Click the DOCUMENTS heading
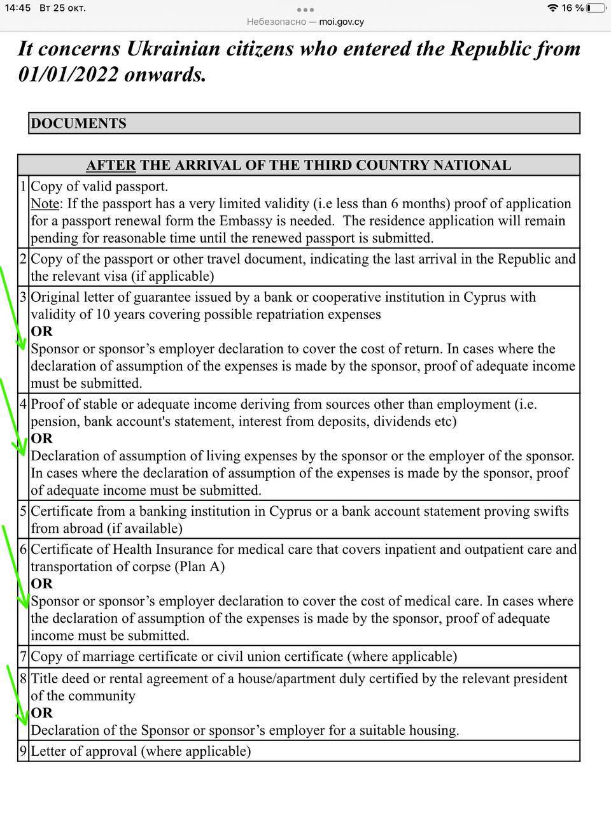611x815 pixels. coord(78,124)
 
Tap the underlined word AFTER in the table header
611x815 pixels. coord(111,166)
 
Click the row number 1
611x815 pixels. coord(24,187)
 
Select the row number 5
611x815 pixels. coord(24,511)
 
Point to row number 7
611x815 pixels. coord(24,656)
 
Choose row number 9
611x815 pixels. coord(24,751)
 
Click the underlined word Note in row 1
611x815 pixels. coord(45,204)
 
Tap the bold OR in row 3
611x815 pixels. coord(42,332)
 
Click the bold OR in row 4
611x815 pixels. coord(42,439)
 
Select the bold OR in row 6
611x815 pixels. coord(42,584)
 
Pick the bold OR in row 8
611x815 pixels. coord(42,713)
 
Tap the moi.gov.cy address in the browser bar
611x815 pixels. coord(341,22)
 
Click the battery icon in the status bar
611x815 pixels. coord(596,8)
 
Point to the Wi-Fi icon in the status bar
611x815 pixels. coord(552,8)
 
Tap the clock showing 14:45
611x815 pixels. coord(18,8)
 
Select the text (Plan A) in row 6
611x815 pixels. coord(199,567)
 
